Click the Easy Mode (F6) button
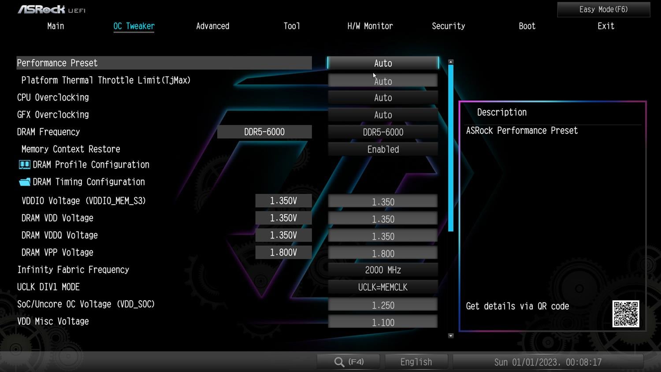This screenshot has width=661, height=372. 603,9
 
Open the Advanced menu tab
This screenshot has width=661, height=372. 212,26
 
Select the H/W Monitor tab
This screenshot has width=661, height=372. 370,26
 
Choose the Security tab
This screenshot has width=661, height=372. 448,26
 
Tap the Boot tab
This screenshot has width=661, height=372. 527,26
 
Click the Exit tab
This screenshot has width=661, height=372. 606,26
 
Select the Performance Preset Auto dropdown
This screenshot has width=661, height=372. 383,63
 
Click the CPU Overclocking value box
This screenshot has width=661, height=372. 383,98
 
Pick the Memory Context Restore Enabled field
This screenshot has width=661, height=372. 383,149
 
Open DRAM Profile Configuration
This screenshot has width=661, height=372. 91,165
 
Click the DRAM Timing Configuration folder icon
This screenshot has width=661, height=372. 25,182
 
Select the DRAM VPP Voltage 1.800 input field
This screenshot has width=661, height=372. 383,253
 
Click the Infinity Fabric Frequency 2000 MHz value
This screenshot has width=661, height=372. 383,270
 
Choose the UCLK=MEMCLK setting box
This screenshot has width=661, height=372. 383,287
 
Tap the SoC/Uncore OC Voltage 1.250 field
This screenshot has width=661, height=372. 383,305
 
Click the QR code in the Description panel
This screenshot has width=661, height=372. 626,313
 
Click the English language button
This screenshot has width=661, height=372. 416,362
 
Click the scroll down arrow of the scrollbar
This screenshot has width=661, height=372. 451,336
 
